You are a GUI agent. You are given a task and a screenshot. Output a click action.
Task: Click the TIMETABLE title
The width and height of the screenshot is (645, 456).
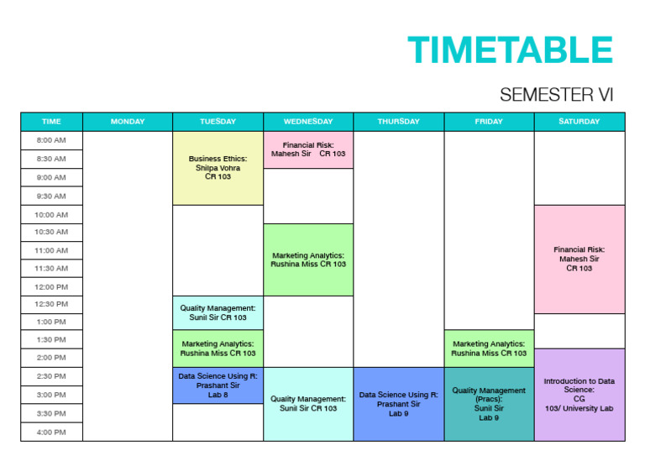point(510,50)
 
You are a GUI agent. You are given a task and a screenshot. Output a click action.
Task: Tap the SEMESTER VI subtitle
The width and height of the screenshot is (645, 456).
point(556,95)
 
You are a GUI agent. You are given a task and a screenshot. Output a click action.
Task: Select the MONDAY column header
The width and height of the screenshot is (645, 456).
point(128,122)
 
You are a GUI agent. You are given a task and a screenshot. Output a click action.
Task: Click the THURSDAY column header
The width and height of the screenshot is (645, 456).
point(398,122)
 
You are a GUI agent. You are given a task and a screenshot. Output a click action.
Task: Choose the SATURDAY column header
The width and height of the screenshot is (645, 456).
point(579,122)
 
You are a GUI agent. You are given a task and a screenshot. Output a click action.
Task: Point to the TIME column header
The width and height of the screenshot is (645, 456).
point(51,122)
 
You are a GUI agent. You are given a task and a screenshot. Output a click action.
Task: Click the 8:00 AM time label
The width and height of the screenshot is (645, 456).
point(51,140)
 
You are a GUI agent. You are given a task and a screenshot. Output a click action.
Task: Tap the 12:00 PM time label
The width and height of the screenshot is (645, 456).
point(51,286)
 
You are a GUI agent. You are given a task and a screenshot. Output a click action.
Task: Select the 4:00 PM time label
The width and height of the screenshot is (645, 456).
point(51,432)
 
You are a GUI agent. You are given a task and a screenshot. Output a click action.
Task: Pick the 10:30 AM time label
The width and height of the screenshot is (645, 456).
point(51,232)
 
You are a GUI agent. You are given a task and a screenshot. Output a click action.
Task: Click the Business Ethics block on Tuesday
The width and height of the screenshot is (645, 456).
point(218,168)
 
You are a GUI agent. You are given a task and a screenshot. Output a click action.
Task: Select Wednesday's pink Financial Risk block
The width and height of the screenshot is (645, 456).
point(308,149)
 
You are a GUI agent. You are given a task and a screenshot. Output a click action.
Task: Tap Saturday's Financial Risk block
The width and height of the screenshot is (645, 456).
point(579,259)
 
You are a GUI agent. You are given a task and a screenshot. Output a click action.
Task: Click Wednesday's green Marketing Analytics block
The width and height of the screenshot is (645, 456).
point(308,259)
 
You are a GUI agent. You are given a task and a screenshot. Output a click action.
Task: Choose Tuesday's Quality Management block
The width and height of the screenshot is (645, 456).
point(218,312)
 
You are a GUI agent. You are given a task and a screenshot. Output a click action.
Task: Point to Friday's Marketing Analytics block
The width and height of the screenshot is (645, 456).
point(489,348)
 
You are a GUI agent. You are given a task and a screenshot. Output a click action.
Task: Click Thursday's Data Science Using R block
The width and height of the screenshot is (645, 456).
point(398,404)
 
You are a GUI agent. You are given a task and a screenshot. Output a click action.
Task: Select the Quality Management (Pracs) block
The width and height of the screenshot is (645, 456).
point(489,404)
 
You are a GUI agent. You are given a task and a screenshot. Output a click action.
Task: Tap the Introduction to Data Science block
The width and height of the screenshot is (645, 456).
point(579,395)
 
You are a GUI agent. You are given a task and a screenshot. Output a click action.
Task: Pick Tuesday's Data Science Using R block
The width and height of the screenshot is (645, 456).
point(218,385)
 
